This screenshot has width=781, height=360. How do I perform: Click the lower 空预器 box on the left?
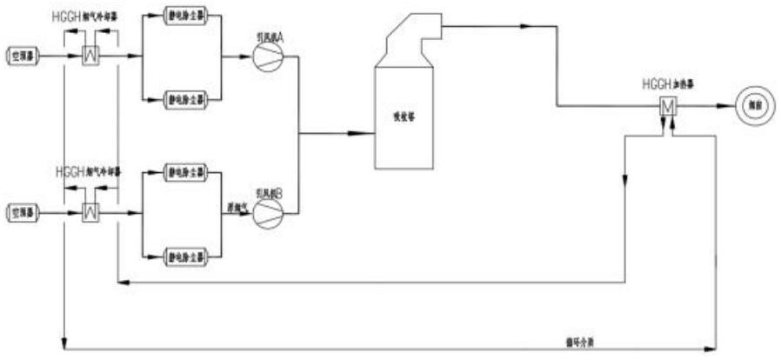23,210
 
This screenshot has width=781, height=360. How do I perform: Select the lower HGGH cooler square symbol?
88,210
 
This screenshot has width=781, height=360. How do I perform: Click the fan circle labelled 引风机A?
266,57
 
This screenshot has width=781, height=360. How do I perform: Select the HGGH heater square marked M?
668,107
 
